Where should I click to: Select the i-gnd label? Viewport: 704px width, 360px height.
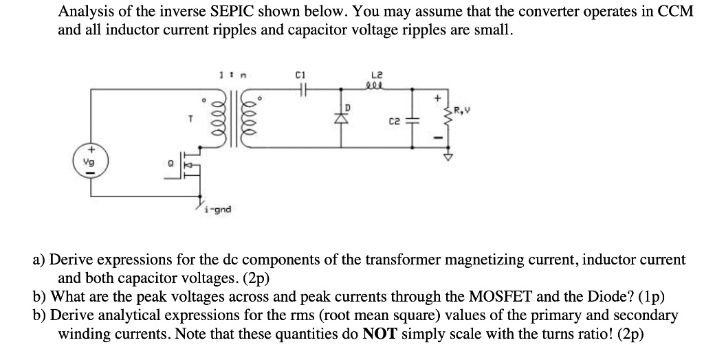pos(218,210)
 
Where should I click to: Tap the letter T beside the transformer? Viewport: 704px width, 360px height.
pos(179,118)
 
